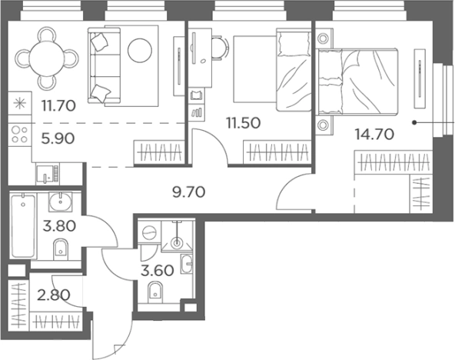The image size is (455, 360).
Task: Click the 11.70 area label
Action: [x=58, y=105]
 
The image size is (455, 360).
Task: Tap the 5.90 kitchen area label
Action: [x=58, y=138]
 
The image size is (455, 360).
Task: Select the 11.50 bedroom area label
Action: [x=243, y=123]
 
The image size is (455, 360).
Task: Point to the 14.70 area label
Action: [x=374, y=134]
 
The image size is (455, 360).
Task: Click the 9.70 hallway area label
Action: [x=188, y=192]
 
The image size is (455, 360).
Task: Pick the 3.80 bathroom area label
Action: [x=59, y=226]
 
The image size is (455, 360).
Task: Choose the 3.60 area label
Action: [x=157, y=271]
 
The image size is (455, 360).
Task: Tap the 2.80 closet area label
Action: [x=54, y=295]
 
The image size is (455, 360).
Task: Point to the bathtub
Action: [x=23, y=226]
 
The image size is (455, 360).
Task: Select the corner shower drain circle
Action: [x=177, y=242]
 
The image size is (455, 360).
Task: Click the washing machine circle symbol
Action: [x=149, y=232]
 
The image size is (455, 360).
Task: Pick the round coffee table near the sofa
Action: [x=140, y=50]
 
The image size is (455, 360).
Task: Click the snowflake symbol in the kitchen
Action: [x=20, y=104]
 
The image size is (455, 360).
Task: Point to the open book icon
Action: [x=197, y=95]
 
